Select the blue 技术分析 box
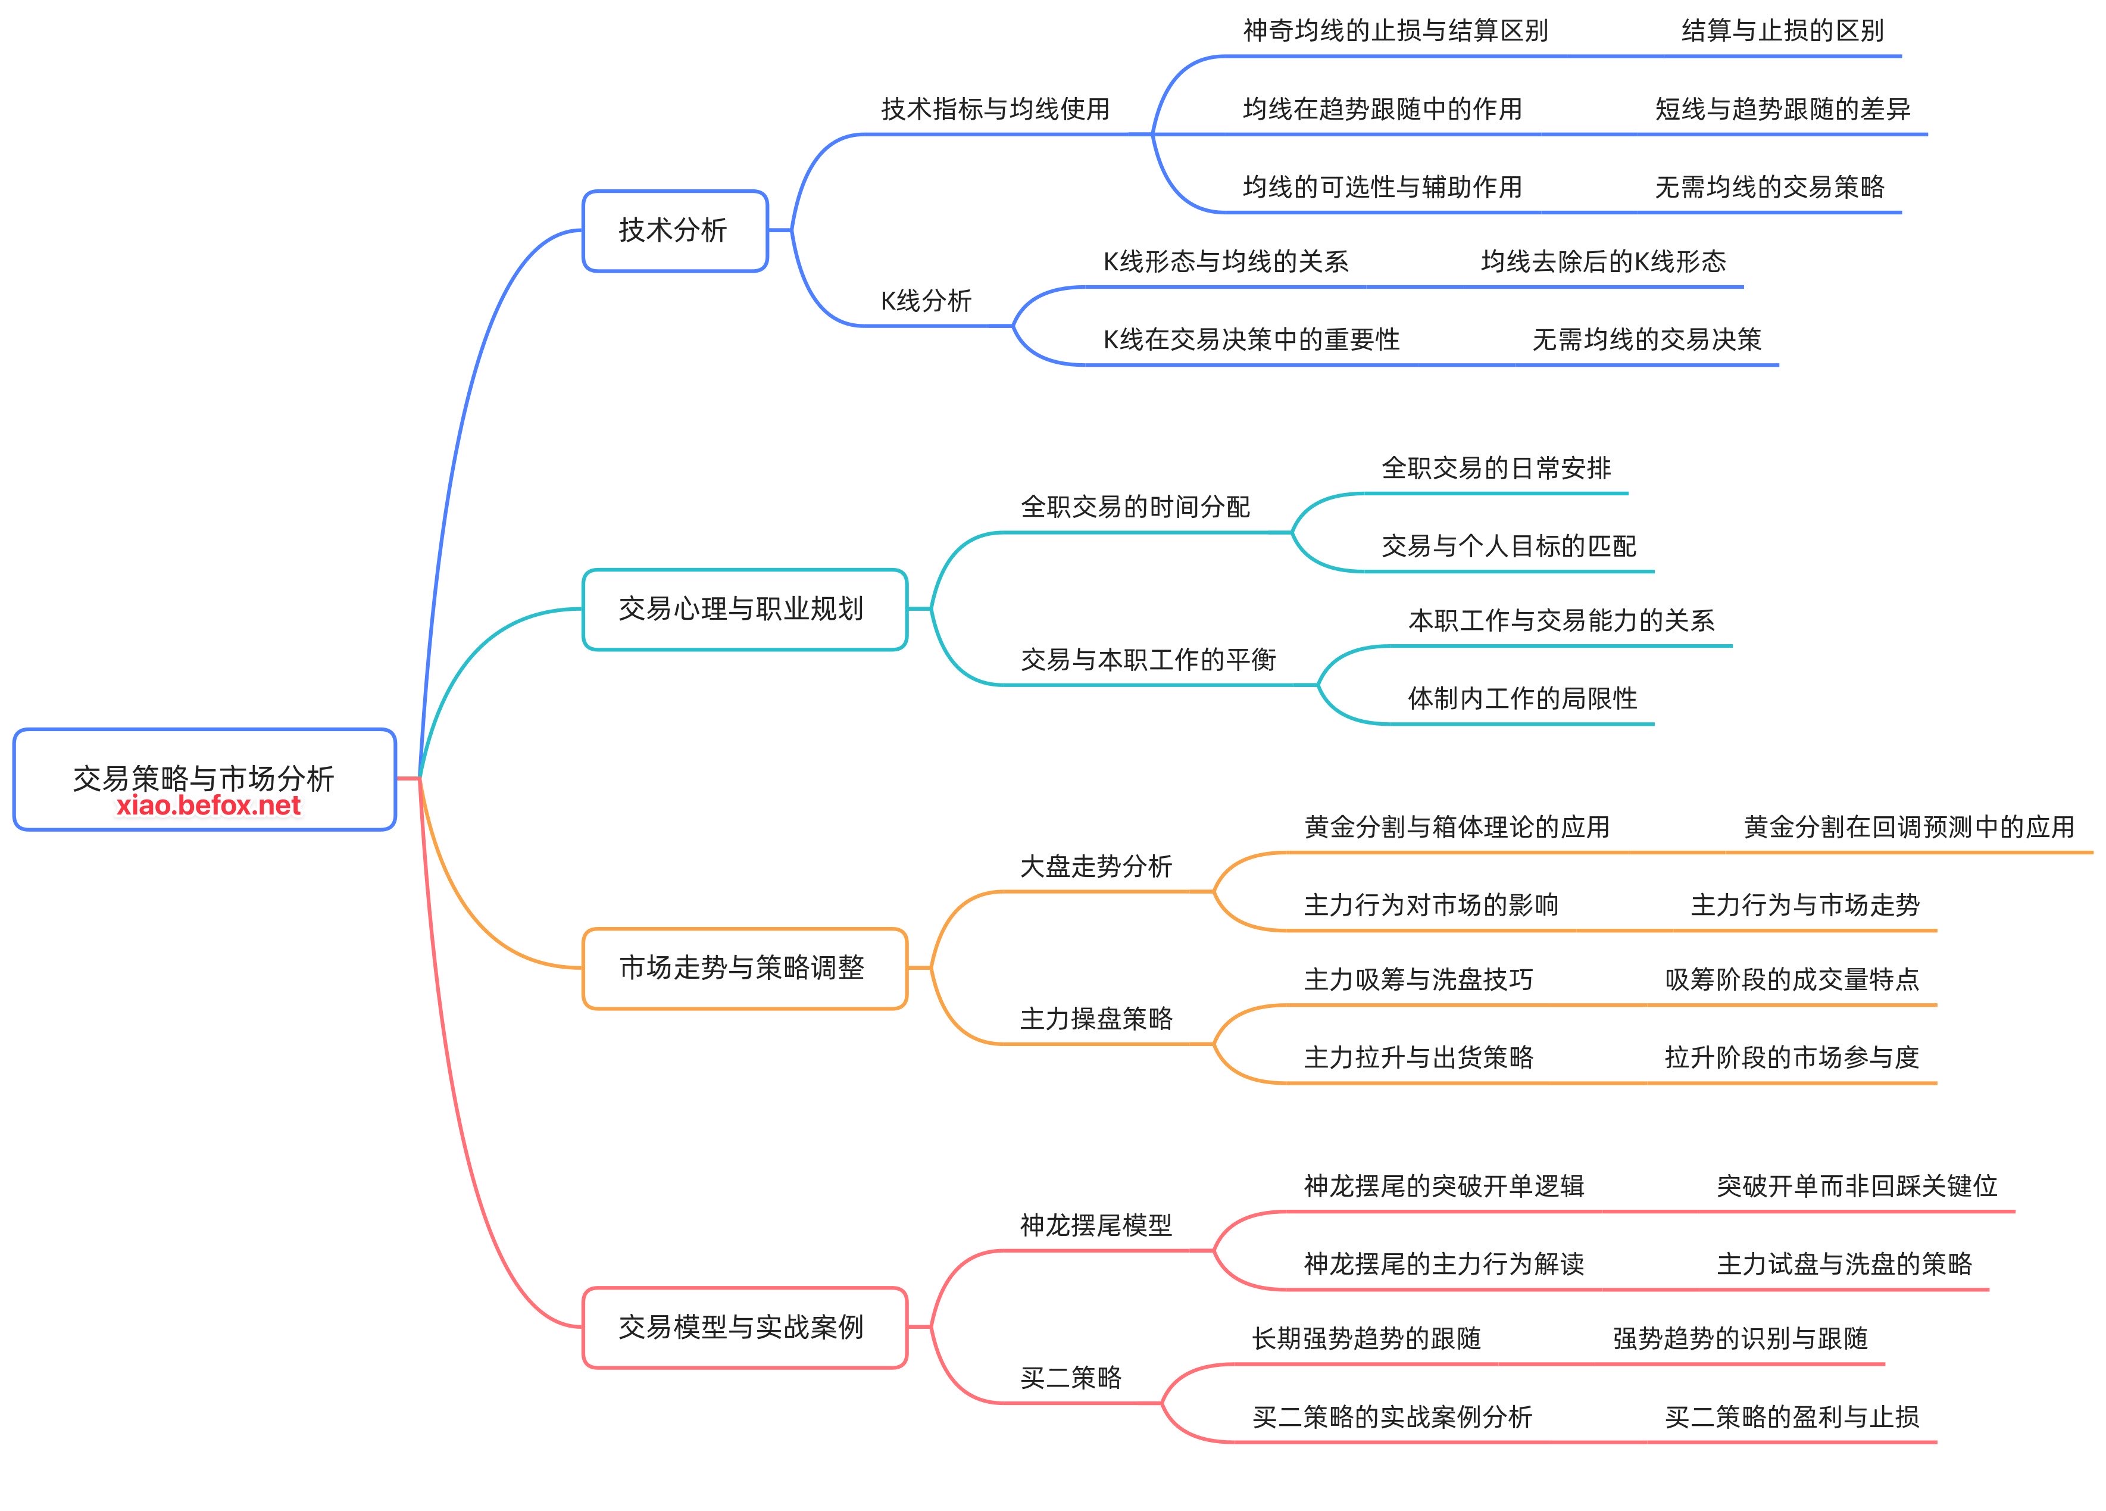coord(674,230)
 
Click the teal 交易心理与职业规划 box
coord(743,609)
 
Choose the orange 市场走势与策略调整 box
coord(743,967)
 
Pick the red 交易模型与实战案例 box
coord(743,1327)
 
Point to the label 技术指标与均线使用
coord(995,110)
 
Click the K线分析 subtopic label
coord(926,301)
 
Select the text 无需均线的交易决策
coord(1646,340)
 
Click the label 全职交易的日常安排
coord(1496,468)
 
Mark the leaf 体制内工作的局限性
coord(1522,698)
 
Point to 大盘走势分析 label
coord(1096,866)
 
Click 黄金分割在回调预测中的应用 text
coord(1908,826)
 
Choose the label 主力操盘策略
coord(1096,1019)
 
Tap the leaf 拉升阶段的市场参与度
coord(1791,1057)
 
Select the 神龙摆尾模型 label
coord(1096,1226)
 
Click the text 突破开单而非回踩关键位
coord(1856,1186)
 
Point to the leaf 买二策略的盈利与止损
coord(1791,1416)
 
